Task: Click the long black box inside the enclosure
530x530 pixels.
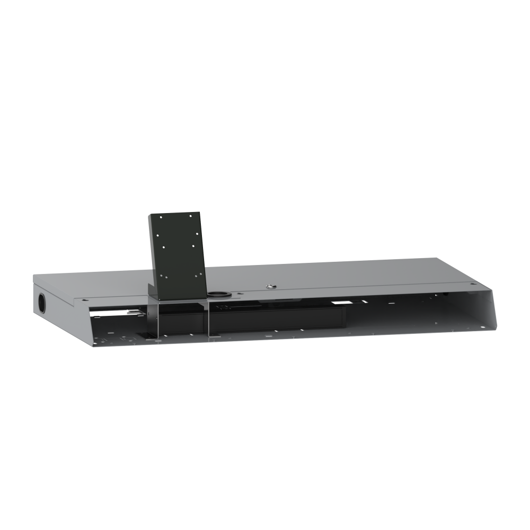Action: coord(276,319)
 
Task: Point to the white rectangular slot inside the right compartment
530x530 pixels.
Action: coord(342,303)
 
